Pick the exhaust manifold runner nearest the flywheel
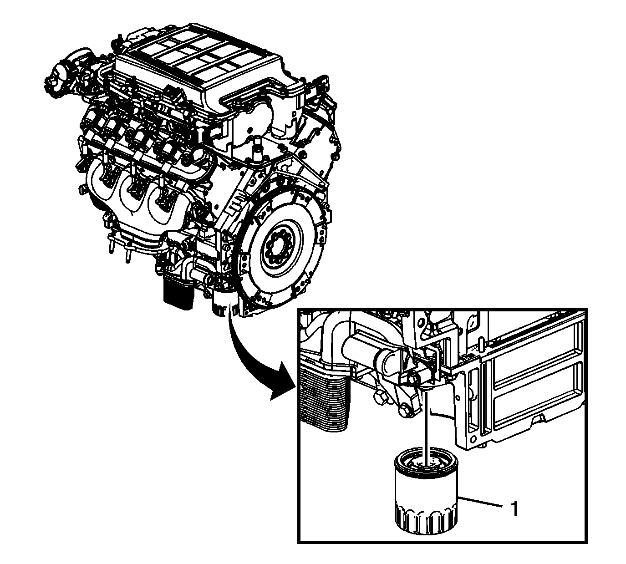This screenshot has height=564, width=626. tap(165, 203)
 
